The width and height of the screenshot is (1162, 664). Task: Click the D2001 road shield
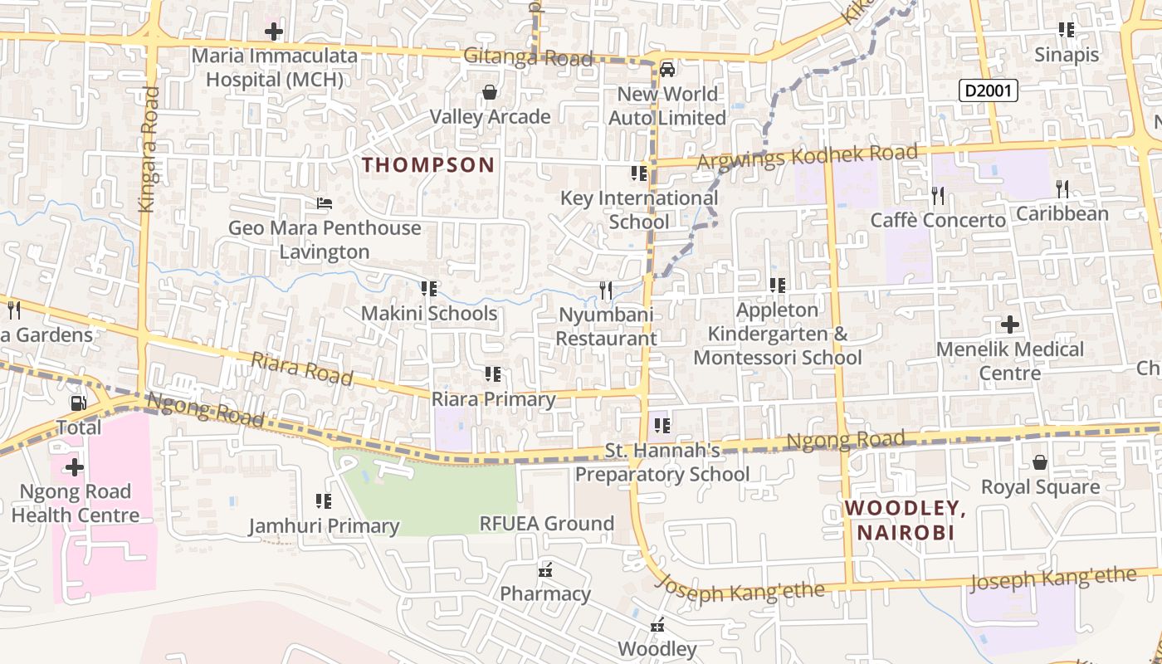988,90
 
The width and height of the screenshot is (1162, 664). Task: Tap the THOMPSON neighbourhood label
428,164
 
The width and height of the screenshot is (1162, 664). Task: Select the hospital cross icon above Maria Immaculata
274,32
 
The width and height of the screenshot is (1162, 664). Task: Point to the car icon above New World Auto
666,69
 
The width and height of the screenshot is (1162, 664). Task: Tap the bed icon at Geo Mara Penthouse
325,203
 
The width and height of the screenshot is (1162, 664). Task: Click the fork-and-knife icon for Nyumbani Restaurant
606,290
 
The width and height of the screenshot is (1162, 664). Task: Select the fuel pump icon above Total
78,403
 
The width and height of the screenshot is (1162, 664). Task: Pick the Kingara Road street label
149,149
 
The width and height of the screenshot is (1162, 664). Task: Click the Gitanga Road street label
528,57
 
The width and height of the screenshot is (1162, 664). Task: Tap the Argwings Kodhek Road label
807,156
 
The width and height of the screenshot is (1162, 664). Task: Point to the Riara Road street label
302,369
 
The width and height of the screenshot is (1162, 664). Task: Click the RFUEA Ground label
547,523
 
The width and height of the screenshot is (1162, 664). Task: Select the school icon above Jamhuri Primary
324,500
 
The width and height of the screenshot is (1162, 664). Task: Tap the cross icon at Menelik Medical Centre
1010,324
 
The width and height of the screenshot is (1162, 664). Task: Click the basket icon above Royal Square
1040,461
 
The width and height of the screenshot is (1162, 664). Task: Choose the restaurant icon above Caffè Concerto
938,195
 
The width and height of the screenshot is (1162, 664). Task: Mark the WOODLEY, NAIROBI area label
905,520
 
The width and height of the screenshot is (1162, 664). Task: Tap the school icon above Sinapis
1067,30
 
